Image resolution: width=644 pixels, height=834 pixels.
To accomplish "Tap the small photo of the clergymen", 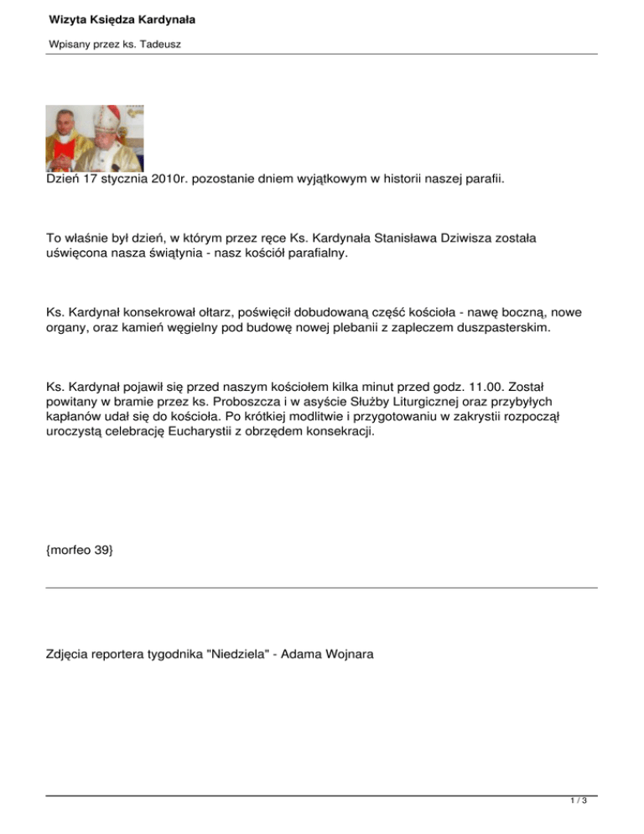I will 94,138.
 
